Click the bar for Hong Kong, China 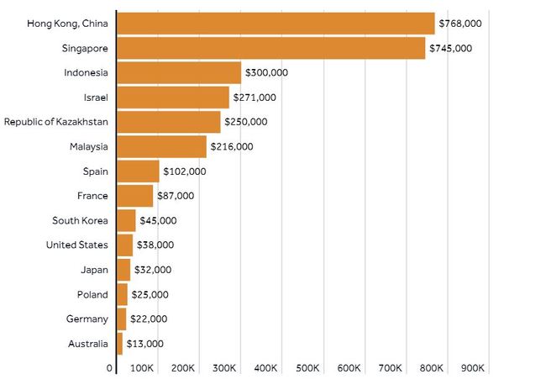[276, 24]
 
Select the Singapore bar [270, 48]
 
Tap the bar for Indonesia [179, 72]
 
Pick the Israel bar [173, 97]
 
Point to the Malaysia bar [161, 146]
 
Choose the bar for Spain [138, 171]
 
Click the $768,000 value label [460, 24]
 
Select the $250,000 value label [246, 122]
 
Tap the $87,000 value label [176, 196]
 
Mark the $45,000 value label [158, 220]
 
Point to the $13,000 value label [144, 344]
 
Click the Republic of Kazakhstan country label [55, 122]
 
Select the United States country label [77, 245]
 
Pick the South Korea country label [80, 220]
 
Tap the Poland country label [92, 294]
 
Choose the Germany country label [87, 319]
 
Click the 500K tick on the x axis [308, 368]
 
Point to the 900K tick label [474, 368]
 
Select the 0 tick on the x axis [110, 368]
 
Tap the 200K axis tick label [184, 368]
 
